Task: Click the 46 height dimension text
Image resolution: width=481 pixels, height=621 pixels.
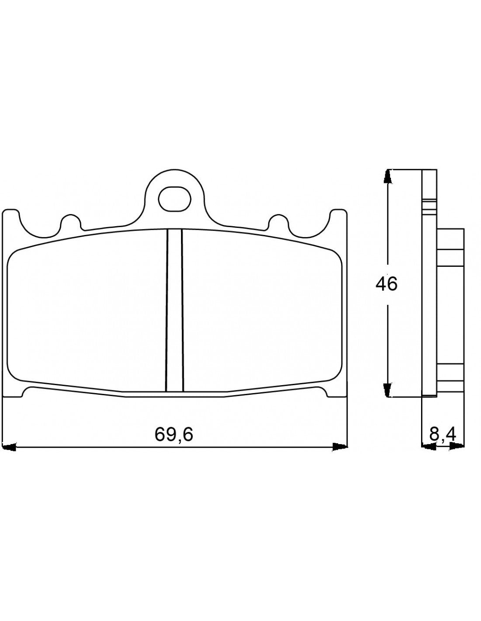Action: pos(387,284)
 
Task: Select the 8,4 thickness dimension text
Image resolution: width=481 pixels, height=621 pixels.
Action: pos(443,434)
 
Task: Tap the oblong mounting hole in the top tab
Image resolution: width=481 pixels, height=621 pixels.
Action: pos(175,199)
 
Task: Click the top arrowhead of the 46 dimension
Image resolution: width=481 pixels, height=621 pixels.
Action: pos(387,176)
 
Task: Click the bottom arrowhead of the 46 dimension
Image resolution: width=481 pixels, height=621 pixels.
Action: pos(387,390)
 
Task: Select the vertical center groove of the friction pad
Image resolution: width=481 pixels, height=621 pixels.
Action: pos(175,310)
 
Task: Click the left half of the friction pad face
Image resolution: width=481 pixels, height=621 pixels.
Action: pos(87,314)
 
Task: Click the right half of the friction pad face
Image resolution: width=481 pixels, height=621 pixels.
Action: pos(262,314)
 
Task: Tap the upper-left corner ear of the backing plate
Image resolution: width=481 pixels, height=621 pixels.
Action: pos(11,218)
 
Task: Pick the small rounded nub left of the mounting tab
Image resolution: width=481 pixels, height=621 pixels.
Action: pos(70,221)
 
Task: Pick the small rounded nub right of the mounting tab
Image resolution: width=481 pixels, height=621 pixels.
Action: pos(279,221)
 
